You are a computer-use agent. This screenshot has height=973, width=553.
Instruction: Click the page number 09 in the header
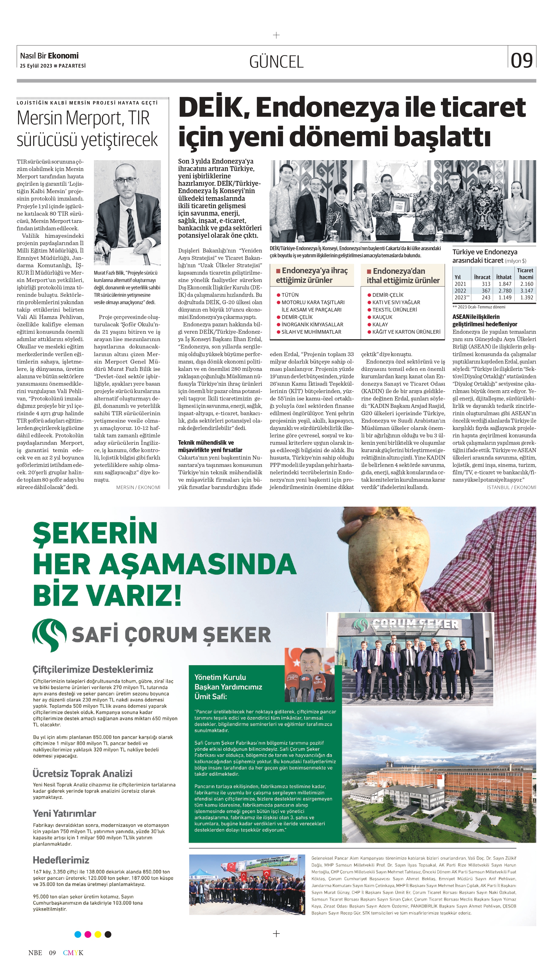point(522,60)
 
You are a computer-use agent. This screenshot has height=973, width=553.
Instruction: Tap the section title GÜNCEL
point(276,62)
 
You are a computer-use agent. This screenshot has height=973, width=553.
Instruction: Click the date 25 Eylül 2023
point(36,66)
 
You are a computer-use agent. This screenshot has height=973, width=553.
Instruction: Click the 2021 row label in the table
point(460,284)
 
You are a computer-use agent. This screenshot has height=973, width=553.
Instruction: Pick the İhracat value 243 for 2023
point(486,298)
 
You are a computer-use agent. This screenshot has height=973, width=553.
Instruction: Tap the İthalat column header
point(504,277)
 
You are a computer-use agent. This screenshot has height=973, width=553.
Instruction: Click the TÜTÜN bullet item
point(290,295)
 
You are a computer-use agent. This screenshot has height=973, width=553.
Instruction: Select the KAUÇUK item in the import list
point(382,317)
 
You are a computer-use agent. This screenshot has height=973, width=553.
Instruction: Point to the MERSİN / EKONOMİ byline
point(138,487)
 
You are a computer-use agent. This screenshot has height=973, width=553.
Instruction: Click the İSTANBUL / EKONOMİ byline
point(511,487)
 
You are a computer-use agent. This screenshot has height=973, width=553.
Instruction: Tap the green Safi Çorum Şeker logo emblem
point(49,635)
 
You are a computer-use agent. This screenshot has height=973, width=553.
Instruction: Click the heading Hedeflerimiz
point(61,860)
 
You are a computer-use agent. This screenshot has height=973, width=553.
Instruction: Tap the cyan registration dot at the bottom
point(78,934)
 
